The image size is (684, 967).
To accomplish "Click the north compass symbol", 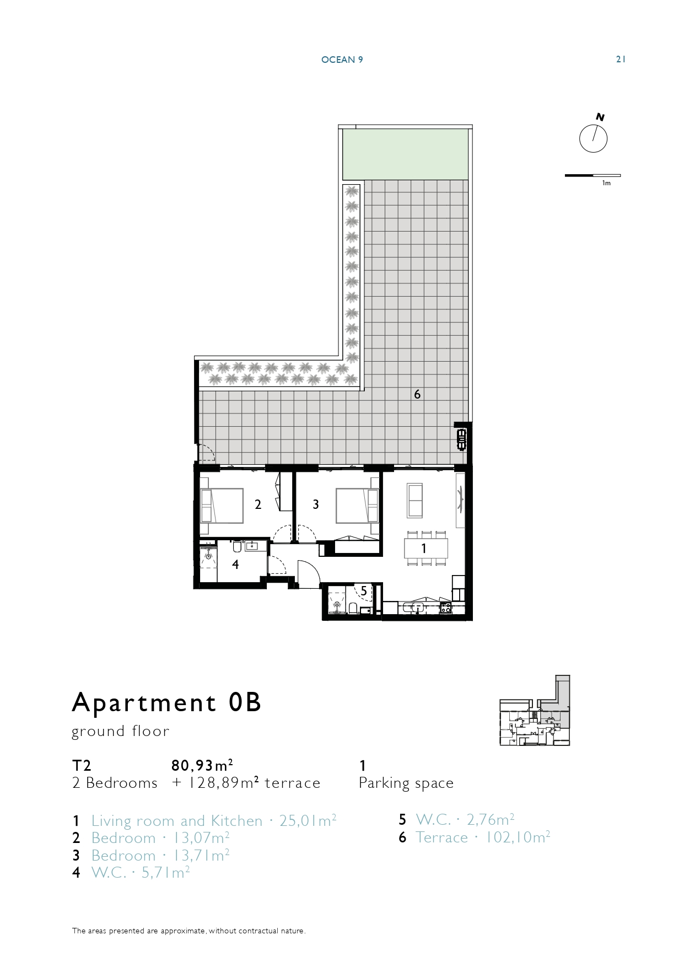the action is point(594,138).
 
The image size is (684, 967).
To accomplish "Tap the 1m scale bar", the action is point(593,175).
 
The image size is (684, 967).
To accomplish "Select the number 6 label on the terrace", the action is point(417,394).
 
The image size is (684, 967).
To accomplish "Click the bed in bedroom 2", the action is point(222,506).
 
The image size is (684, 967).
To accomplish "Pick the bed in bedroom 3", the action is point(357,506).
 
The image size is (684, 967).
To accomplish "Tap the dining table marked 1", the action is point(426,549).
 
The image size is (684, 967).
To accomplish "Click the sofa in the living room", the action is point(414,500).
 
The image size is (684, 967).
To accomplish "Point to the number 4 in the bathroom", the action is point(235,565).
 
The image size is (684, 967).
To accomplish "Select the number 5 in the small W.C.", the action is point(364,591).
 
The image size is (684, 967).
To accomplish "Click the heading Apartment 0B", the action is point(166,702).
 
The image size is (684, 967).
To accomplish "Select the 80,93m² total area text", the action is point(202,765).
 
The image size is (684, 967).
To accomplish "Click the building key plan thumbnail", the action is point(535,711).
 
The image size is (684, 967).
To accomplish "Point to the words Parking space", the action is point(406,783).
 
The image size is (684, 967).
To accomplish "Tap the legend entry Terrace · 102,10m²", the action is point(483,837).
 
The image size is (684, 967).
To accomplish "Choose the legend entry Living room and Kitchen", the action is point(177,821).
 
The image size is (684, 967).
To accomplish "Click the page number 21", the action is point(621,60).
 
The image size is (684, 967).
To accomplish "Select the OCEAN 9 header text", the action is point(342,60).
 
